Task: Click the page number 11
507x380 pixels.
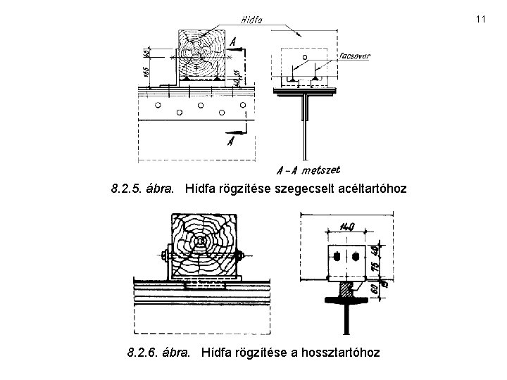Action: pos(481,18)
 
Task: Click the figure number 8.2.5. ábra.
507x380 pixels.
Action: pos(144,189)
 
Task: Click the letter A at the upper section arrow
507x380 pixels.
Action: pos(233,42)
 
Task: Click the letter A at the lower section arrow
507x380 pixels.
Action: pos(230,141)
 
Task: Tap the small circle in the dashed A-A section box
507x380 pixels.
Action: pos(304,56)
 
